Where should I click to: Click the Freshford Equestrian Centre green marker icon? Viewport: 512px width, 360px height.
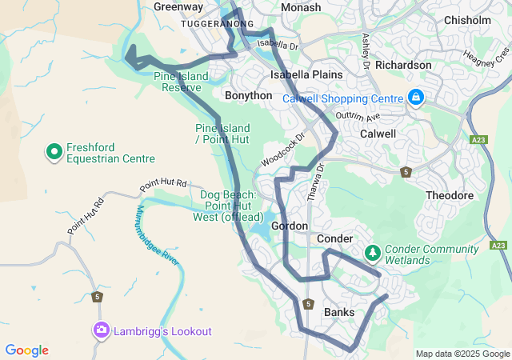(54, 150)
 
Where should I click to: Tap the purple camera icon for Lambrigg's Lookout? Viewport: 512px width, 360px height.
(101, 330)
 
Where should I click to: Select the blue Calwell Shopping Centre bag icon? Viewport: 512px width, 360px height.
(415, 98)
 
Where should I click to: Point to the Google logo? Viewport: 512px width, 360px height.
(26, 350)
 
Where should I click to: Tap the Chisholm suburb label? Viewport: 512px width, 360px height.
(467, 19)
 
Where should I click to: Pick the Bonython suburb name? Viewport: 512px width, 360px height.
(249, 94)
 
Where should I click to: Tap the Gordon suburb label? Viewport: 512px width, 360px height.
(290, 226)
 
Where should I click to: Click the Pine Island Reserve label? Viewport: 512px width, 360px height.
(181, 82)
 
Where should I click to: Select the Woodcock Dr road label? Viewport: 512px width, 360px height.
(283, 150)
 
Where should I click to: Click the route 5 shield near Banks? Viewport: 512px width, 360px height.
(308, 304)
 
